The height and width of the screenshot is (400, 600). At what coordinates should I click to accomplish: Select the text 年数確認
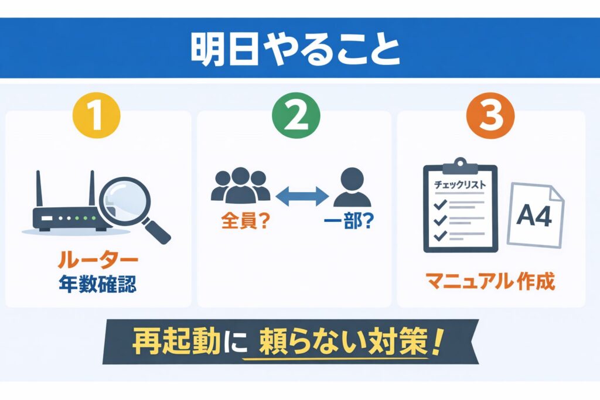(98, 285)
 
